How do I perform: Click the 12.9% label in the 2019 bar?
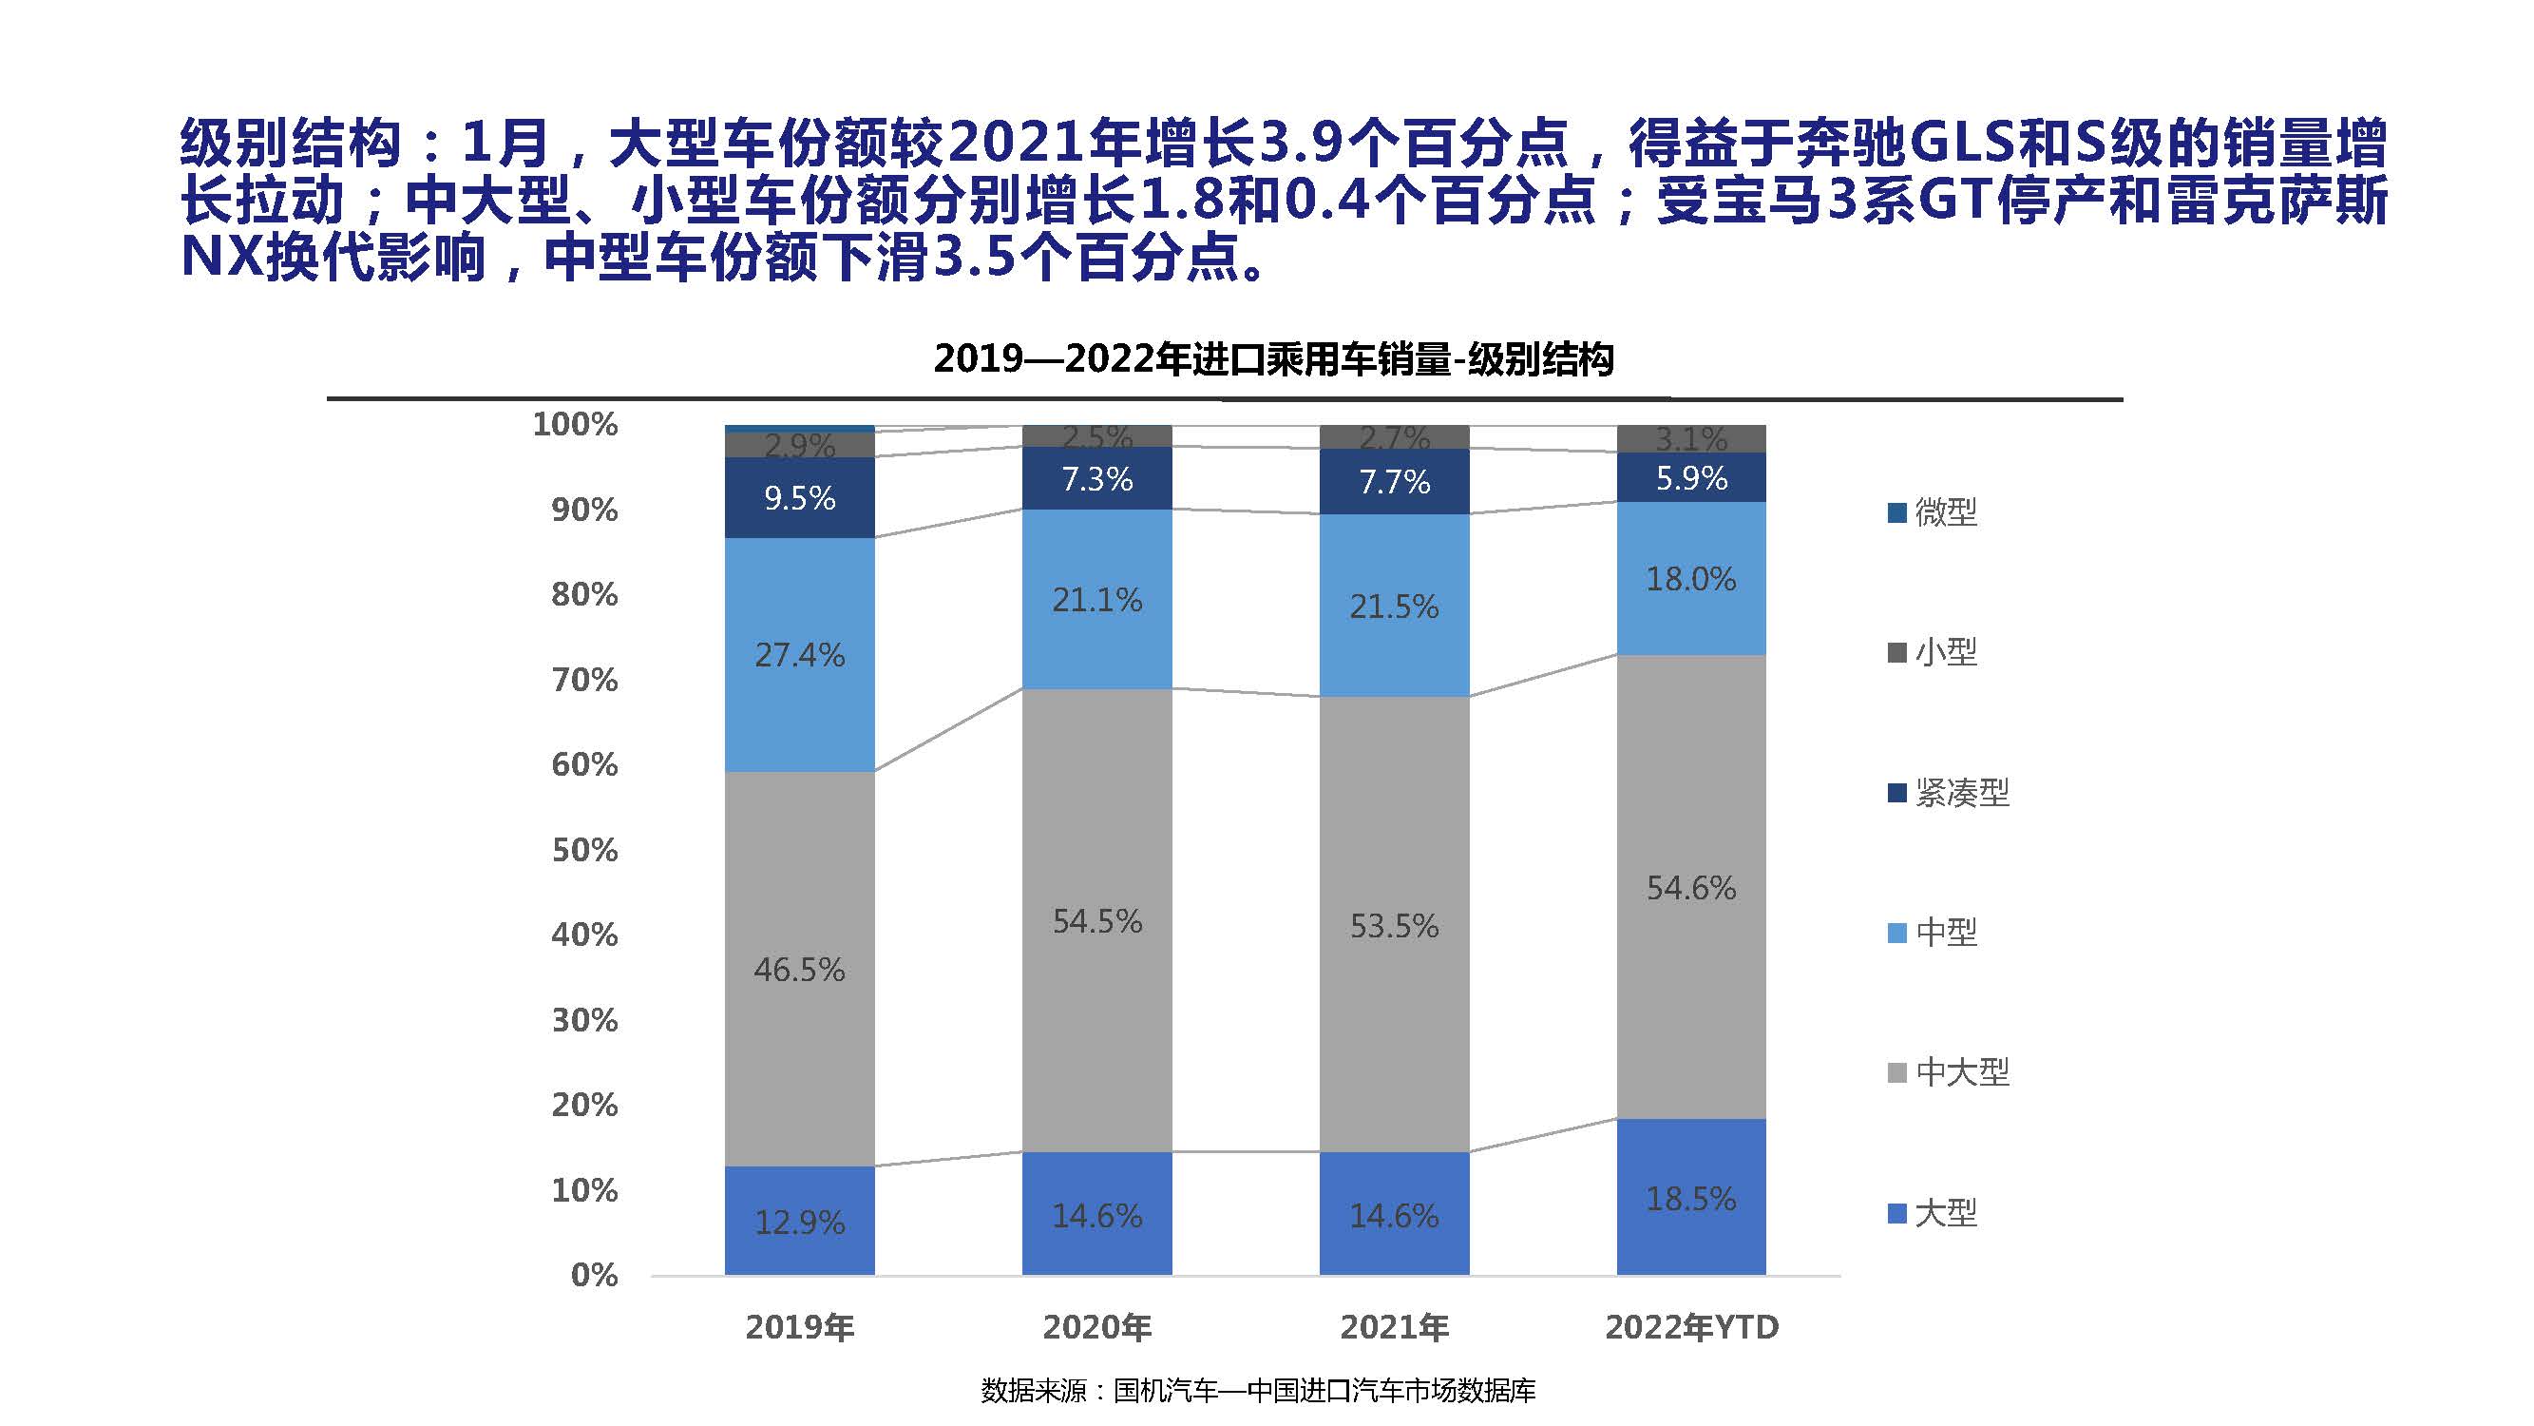pos(799,1223)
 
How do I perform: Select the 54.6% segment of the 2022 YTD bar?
pos(1691,888)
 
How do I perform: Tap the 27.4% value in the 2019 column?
pos(799,654)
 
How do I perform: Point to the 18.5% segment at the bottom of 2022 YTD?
pos(1691,1199)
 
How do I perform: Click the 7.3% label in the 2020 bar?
pos(1096,479)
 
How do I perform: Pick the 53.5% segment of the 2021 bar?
pos(1394,925)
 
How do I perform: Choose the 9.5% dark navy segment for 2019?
pos(799,498)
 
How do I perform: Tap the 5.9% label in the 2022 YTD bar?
pos(1691,478)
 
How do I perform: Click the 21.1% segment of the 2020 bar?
pos(1096,599)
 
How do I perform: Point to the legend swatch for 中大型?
pos(1897,1071)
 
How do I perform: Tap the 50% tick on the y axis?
pos(584,849)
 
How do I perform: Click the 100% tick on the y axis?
pos(576,424)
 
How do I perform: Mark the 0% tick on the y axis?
pos(594,1276)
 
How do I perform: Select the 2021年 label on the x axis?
pos(1394,1327)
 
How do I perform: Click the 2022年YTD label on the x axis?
pos(1691,1327)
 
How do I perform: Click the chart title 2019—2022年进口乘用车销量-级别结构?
pos(1273,359)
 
